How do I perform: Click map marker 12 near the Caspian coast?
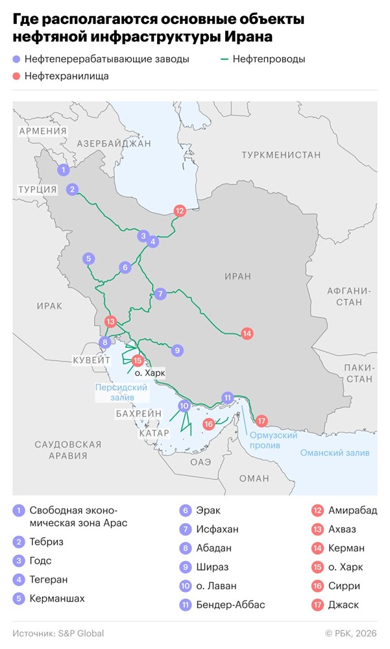[180, 210]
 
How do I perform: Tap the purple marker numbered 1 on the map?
[63, 170]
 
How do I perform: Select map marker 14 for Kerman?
[247, 334]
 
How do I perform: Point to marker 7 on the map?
[160, 293]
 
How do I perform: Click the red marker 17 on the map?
[262, 420]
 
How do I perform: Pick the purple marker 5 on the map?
[88, 259]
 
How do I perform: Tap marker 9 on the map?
[177, 350]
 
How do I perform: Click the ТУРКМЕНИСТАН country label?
[281, 154]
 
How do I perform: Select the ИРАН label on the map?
[237, 276]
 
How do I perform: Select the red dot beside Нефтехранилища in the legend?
[16, 76]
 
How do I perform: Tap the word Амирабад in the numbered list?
[352, 511]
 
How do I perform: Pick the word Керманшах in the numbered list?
[57, 598]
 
